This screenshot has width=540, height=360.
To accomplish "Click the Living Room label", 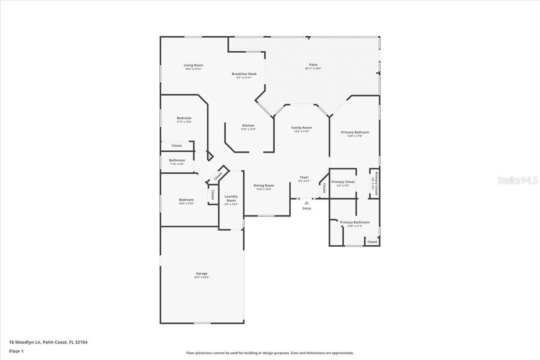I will click(x=193, y=65).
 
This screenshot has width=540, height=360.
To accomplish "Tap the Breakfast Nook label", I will click(x=244, y=74).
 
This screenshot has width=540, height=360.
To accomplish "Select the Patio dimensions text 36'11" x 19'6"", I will click(x=313, y=68).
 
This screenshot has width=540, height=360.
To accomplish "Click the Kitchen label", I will click(x=248, y=126).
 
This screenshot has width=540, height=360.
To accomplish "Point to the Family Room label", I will click(x=301, y=128).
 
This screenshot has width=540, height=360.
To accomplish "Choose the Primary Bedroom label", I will click(x=355, y=132).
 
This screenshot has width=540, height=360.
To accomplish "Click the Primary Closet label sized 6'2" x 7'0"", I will click(x=343, y=182).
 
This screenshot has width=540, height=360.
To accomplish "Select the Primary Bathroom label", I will click(x=355, y=222).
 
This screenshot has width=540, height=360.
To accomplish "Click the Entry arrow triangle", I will click(x=306, y=203).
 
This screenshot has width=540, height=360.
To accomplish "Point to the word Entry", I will click(x=306, y=208).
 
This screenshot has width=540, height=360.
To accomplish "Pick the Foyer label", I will click(x=304, y=177).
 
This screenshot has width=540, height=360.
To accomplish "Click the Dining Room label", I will click(x=264, y=185).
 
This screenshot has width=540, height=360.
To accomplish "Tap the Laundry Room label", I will click(x=231, y=198).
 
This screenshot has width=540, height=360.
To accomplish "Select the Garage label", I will click(x=202, y=274).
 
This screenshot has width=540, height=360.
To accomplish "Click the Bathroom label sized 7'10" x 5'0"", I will click(x=177, y=160).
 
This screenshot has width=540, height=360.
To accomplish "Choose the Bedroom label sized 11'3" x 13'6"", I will click(x=184, y=118).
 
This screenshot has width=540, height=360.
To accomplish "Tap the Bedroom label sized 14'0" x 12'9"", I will click(x=186, y=200).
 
